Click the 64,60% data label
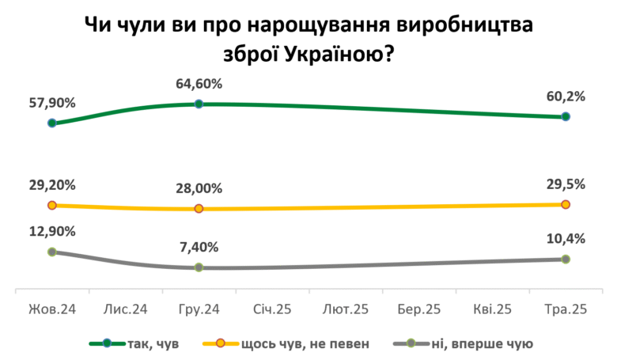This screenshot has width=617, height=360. pyautogui.click(x=199, y=84)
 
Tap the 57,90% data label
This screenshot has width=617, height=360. pyautogui.click(x=52, y=103)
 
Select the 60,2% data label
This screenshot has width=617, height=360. pyautogui.click(x=566, y=97)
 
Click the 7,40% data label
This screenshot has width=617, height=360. pyautogui.click(x=199, y=247)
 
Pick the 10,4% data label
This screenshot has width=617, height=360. pyautogui.click(x=566, y=239)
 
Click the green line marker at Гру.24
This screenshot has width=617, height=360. pyautogui.click(x=199, y=104)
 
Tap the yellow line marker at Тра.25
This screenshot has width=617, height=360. pyautogui.click(x=566, y=204)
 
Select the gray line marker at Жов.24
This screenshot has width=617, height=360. pyautogui.click(x=52, y=252)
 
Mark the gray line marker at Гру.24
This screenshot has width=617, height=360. pyautogui.click(x=199, y=267)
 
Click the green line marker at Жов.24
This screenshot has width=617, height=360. pyautogui.click(x=52, y=123)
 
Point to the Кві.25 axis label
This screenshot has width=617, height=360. pyautogui.click(x=492, y=309)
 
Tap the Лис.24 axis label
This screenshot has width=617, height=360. pyautogui.click(x=125, y=309)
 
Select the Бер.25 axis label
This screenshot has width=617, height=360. pyautogui.click(x=419, y=309)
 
